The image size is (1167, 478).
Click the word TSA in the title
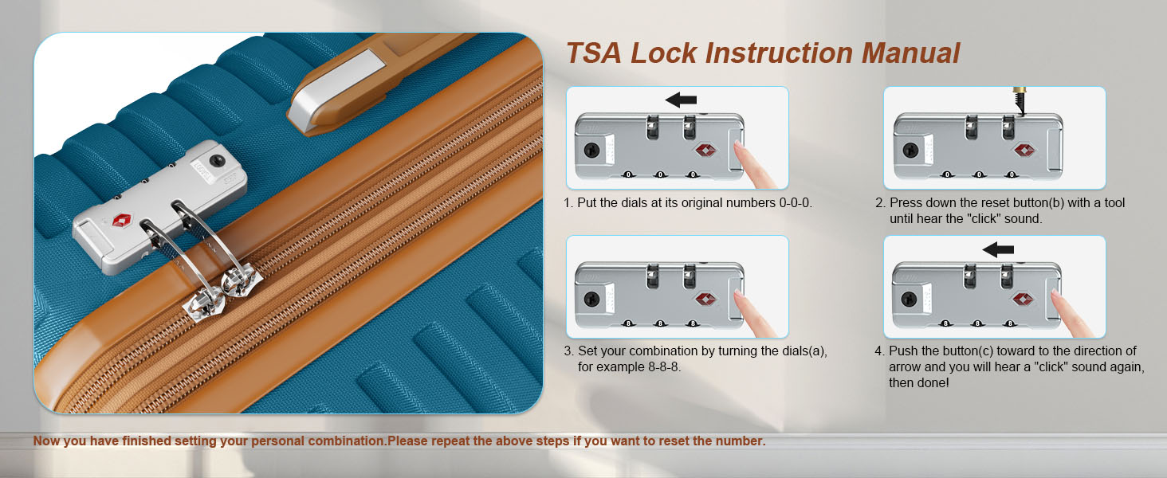tap(594, 53)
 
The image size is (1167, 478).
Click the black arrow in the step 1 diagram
tap(681, 100)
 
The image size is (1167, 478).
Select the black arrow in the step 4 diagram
tap(998, 249)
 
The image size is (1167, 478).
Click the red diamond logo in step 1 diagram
tap(705, 151)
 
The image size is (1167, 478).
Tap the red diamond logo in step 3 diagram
tap(705, 300)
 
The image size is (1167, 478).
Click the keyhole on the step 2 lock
tap(910, 151)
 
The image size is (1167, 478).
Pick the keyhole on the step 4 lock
tap(909, 300)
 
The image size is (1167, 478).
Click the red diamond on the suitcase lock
tap(123, 220)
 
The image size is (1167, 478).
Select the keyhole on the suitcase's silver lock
tap(218, 160)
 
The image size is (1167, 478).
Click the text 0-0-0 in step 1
tap(795, 202)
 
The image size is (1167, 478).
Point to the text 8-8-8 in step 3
tap(664, 366)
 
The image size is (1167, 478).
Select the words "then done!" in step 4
tap(919, 382)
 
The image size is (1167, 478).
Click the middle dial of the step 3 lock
tap(660, 323)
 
